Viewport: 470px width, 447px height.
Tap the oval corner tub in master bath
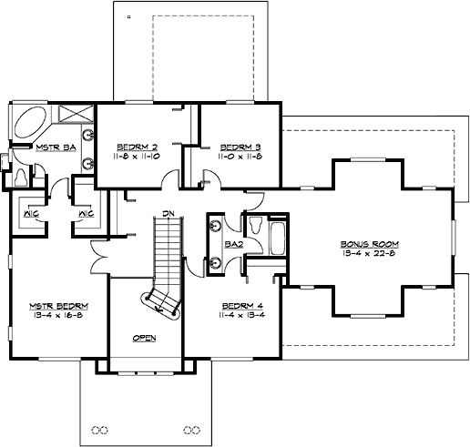(30, 123)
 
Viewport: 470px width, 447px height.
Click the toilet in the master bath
(21, 172)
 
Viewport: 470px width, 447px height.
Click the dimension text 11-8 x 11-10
(137, 157)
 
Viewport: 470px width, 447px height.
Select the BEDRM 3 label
(240, 147)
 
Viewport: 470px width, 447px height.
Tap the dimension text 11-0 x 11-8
(240, 157)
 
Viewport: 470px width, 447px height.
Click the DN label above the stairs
(168, 214)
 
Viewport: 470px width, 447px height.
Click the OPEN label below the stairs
(144, 338)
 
